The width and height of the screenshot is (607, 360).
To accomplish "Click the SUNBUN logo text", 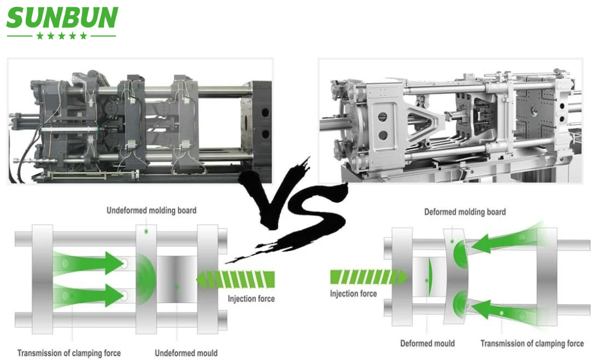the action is point(62,17).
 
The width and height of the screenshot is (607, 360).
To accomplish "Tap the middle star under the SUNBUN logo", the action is point(62,36).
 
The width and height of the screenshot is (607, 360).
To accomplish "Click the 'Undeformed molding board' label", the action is point(152,211).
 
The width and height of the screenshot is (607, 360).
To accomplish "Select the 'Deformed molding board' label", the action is point(465,212).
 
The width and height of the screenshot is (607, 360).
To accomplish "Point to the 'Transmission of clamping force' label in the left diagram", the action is point(69,353).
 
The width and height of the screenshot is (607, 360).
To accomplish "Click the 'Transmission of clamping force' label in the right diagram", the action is point(532,343).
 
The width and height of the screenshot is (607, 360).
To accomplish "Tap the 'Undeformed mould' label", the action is point(186,353).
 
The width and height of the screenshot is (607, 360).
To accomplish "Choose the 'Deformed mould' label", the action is point(427,343).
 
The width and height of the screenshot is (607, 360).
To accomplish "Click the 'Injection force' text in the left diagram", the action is point(251,298).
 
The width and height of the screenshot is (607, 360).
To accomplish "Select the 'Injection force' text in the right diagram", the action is point(353,293).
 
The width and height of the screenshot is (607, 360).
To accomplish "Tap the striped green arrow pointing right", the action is point(369,277).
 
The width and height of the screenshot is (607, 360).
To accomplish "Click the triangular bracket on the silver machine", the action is point(425,122).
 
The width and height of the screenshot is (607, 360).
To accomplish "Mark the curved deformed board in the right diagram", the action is point(455,276).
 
